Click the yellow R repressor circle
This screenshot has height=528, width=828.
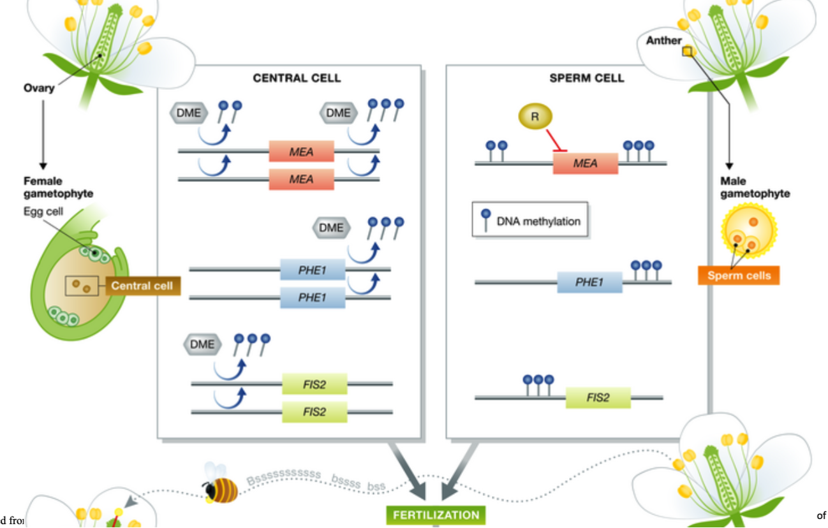click(x=535, y=117)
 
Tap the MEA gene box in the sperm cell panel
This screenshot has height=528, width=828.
click(x=585, y=163)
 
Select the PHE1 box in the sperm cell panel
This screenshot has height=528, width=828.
click(x=589, y=282)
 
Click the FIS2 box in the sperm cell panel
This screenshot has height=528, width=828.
click(x=598, y=398)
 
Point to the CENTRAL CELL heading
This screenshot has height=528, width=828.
click(x=297, y=78)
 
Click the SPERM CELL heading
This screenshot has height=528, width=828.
click(x=586, y=78)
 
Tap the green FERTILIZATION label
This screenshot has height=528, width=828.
click(x=436, y=515)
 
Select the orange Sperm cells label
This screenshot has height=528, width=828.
click(x=739, y=276)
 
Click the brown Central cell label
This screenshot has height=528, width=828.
click(x=142, y=286)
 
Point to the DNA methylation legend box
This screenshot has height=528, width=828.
click(x=529, y=221)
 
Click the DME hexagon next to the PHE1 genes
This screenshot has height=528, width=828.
click(x=331, y=228)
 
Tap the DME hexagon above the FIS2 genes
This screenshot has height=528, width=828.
click(x=202, y=344)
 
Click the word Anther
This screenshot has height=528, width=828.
click(x=663, y=41)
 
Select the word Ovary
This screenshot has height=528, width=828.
click(x=39, y=88)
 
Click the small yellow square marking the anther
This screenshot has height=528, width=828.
click(x=687, y=52)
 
